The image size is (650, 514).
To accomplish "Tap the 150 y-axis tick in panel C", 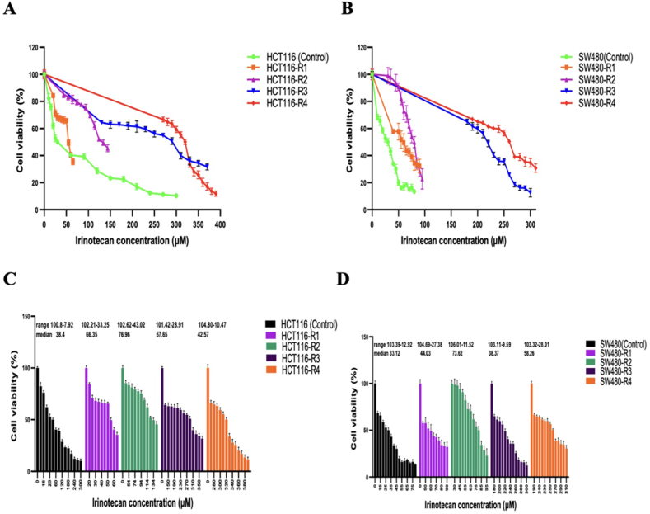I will point(27,316).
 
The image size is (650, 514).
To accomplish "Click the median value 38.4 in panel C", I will point(61,336).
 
